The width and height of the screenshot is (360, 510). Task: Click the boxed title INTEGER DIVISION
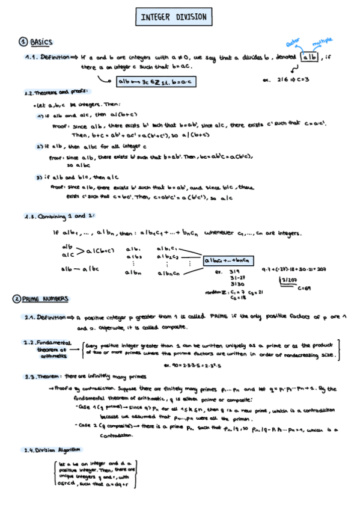(x=173, y=17)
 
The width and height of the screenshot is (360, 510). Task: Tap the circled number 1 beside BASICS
(x=22, y=42)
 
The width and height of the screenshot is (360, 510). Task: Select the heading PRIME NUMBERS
(x=45, y=298)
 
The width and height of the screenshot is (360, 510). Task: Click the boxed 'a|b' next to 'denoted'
(x=310, y=57)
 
